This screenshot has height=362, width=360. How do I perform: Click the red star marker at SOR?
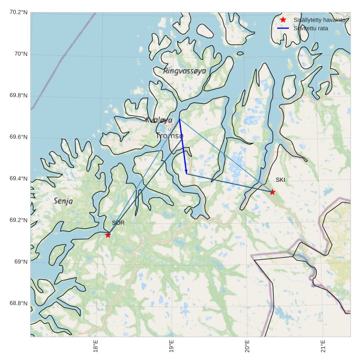[108, 234]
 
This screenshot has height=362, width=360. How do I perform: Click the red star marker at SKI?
[272, 192]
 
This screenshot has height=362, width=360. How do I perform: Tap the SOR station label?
[118, 223]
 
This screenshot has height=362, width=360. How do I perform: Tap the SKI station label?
[280, 180]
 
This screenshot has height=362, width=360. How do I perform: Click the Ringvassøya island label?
[184, 71]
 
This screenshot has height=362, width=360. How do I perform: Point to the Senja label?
[63, 201]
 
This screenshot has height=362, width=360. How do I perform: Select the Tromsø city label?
[169, 136]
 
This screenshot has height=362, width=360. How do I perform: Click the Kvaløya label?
[159, 120]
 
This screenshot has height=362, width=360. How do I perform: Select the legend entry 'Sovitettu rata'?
[310, 28]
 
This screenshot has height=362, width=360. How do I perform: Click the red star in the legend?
[283, 19]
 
